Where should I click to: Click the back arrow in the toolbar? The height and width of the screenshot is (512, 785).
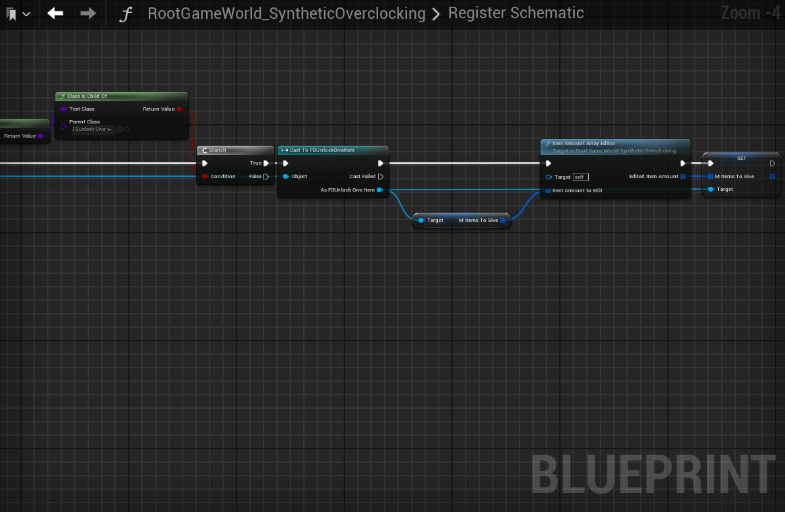[x=55, y=13]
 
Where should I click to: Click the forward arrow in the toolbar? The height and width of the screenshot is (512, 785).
[x=88, y=13]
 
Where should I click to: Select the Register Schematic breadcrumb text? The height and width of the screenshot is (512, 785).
[x=515, y=13]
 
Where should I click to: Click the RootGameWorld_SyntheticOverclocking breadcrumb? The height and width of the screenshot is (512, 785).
[x=286, y=13]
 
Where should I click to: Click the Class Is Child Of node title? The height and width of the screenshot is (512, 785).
[x=87, y=96]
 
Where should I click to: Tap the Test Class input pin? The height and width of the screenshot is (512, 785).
[x=63, y=109]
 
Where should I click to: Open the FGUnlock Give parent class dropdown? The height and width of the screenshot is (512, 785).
[x=93, y=130]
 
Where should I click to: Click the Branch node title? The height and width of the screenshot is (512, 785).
[x=217, y=150]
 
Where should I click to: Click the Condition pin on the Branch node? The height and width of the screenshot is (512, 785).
[x=205, y=177]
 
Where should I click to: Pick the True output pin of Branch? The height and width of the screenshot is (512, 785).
[x=266, y=163]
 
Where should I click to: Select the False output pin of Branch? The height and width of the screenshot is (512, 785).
[x=266, y=177]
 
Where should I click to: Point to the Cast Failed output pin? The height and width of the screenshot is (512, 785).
[x=381, y=177]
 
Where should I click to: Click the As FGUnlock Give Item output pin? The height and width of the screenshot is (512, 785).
[x=380, y=190]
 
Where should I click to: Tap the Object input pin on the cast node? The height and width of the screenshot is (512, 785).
[x=286, y=177]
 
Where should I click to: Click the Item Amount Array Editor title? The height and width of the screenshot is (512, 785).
[x=584, y=144]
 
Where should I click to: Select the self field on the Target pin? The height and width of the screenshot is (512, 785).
[x=580, y=177]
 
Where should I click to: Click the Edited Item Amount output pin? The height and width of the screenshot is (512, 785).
[x=683, y=177]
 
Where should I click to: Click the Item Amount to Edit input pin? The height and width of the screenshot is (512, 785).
[x=548, y=191]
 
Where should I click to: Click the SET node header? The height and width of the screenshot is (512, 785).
[x=741, y=158]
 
